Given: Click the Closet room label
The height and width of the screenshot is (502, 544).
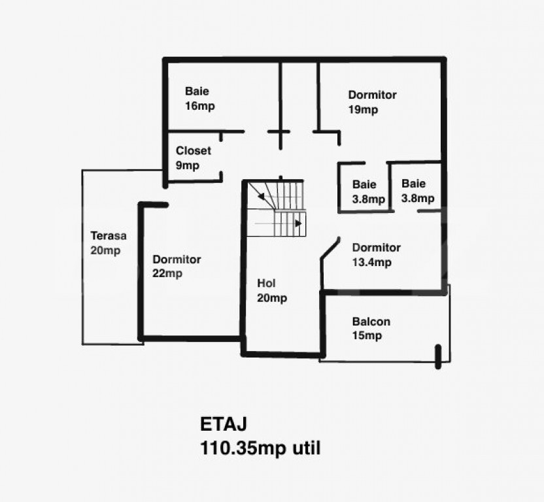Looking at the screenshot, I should (193, 151).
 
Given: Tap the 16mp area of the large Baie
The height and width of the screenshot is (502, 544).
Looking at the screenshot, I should (200, 106).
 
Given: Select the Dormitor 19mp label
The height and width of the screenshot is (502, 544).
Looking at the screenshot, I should (372, 95).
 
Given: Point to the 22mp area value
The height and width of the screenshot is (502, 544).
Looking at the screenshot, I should (167, 274).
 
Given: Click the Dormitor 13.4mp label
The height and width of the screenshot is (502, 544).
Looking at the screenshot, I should (376, 248).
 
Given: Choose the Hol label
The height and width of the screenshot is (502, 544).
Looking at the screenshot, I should (266, 284).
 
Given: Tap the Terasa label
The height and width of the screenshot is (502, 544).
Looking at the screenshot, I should (109, 236).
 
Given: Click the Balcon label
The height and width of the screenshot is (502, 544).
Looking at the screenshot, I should (371, 322).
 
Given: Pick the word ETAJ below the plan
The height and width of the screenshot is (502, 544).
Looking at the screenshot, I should (223, 424).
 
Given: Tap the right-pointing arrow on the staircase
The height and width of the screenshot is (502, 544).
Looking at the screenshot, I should (297, 223).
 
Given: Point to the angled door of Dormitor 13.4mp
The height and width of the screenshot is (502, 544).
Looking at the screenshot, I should (330, 250).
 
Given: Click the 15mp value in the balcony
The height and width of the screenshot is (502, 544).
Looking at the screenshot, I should (367, 336).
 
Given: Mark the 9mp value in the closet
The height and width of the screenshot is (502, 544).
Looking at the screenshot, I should (187, 165).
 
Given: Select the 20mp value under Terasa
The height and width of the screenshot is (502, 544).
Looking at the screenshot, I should (105, 250).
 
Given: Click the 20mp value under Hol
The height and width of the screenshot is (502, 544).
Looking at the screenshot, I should (272, 299).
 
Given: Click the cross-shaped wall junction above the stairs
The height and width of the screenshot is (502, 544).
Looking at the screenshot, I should (279, 132).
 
